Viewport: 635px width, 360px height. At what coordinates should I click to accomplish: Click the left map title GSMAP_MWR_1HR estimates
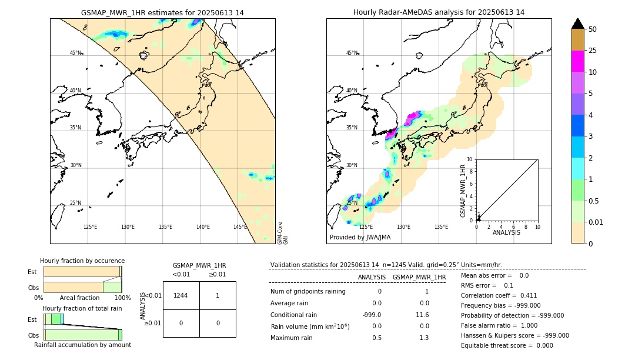[162, 12]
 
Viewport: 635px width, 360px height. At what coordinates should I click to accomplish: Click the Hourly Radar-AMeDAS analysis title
[439, 12]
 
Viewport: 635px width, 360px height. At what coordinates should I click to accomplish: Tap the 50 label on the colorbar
[593, 29]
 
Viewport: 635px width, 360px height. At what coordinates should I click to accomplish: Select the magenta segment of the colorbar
[578, 61]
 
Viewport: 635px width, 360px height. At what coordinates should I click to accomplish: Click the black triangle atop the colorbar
[578, 24]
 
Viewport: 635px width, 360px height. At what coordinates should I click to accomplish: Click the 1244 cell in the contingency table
[181, 295]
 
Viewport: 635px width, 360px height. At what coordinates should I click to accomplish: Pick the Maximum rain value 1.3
[423, 338]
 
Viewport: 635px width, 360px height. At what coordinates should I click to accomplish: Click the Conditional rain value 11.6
[422, 315]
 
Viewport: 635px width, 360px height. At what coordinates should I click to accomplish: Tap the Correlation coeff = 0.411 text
[499, 295]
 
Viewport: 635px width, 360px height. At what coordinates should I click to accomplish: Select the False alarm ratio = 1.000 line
[499, 325]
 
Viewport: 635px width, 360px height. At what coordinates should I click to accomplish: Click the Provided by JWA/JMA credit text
[360, 237]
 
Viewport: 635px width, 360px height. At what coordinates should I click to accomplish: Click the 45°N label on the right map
[352, 53]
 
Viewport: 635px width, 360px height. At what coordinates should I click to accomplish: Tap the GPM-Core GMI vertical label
[283, 232]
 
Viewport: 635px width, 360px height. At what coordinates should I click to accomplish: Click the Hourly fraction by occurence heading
[82, 261]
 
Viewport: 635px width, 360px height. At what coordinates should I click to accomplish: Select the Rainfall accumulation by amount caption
[82, 345]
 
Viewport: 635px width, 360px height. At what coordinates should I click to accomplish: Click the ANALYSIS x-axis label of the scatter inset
[506, 232]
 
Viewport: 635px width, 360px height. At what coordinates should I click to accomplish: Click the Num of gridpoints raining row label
[308, 292]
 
